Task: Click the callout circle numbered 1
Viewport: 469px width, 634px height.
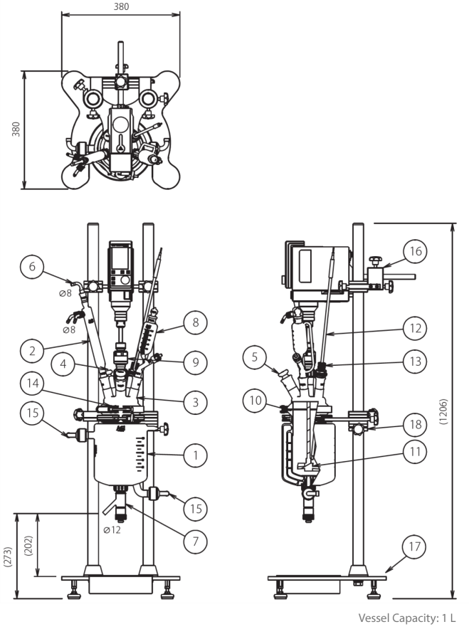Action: (195, 455)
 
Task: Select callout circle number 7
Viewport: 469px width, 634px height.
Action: (195, 541)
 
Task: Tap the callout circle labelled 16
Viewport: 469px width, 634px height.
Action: (415, 251)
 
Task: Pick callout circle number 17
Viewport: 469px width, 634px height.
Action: (414, 546)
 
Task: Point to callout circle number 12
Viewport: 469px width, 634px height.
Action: (415, 328)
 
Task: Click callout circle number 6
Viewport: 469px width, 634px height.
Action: (32, 267)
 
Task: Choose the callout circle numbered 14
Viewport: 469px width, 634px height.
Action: (33, 383)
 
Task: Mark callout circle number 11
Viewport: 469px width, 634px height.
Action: (415, 452)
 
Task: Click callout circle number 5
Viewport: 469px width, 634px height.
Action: (255, 357)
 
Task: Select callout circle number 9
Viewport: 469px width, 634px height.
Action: (195, 362)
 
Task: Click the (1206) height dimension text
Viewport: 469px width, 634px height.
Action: (444, 411)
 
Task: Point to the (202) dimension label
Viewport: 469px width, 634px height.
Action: (28, 546)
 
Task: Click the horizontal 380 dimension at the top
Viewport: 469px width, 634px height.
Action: (121, 6)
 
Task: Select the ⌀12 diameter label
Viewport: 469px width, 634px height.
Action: (112, 529)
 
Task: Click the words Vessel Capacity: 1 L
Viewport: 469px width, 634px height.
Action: (407, 618)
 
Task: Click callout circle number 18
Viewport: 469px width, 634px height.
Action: (415, 425)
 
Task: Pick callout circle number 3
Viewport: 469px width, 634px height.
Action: (195, 402)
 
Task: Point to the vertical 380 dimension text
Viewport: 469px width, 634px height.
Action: (16, 130)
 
